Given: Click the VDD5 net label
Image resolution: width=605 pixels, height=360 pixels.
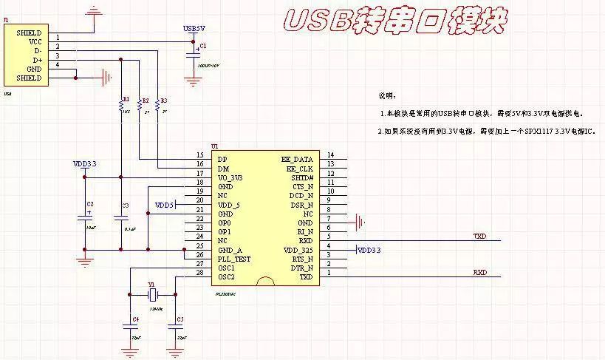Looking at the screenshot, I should (x=164, y=205).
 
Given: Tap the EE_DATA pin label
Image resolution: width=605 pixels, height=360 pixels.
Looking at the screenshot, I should (x=297, y=159).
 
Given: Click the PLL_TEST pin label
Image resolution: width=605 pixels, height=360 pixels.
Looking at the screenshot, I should (x=233, y=259).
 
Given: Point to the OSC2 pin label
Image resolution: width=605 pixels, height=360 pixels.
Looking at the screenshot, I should (x=226, y=276).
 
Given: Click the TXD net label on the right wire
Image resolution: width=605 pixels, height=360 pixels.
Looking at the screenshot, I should (x=479, y=237).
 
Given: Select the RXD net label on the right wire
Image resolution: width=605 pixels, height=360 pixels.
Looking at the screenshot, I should (x=479, y=273).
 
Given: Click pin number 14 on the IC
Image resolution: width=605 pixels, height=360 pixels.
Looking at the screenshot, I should (x=331, y=154).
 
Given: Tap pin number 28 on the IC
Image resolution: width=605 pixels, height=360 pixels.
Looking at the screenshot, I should (x=199, y=273).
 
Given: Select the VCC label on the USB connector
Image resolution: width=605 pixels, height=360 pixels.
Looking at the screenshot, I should (x=35, y=42).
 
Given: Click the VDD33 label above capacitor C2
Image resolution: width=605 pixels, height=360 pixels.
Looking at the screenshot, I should (x=84, y=163).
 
